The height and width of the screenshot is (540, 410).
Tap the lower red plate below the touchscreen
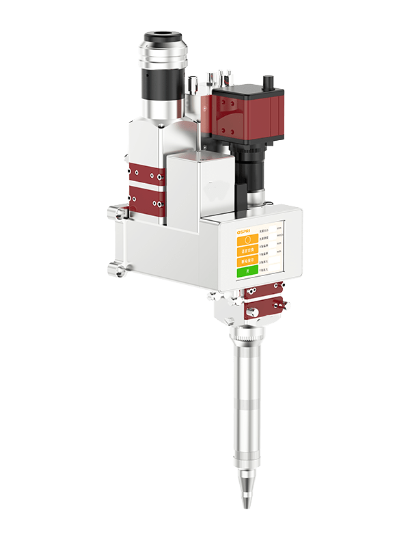[x=265, y=308]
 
